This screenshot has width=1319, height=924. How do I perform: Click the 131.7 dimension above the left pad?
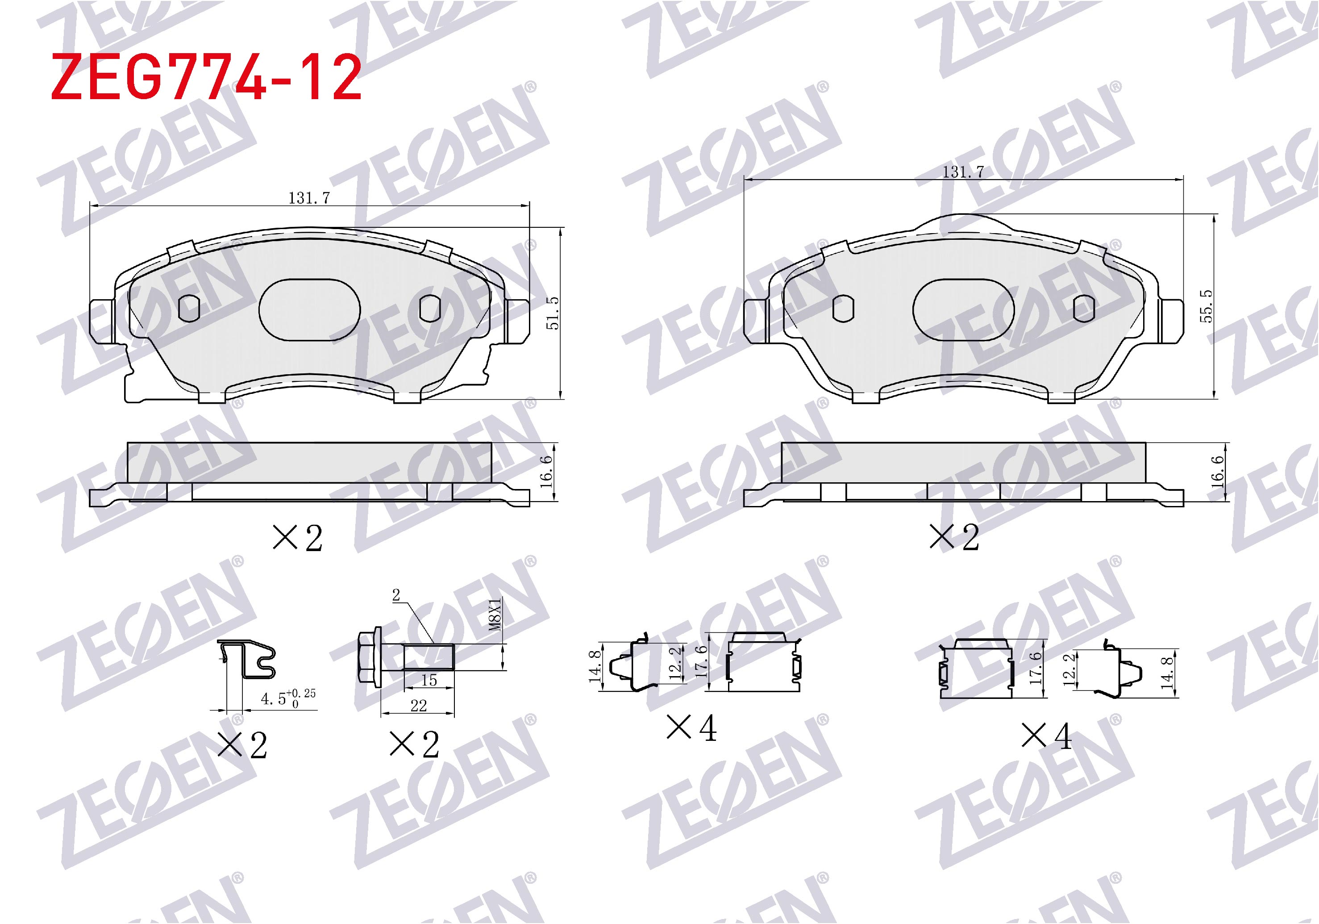[309, 198]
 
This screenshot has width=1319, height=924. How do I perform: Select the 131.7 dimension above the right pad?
[963, 172]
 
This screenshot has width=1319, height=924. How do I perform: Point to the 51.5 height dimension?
[552, 313]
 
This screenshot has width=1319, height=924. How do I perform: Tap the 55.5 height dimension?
[1207, 306]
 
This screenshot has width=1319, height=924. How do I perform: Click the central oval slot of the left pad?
[310, 310]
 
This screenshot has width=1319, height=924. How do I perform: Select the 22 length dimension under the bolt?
[418, 705]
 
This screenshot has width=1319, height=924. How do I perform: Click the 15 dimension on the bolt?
[429, 680]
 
